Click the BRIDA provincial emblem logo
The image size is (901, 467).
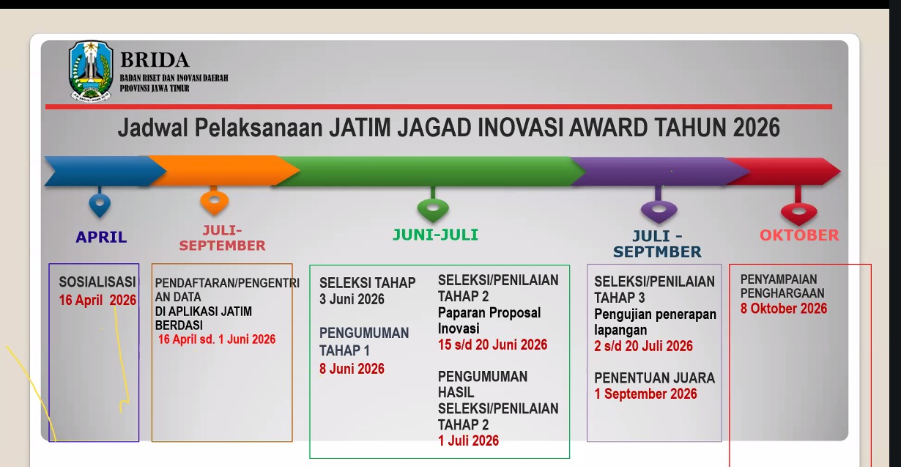pyautogui.click(x=91, y=71)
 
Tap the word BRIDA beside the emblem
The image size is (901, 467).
pyautogui.click(x=155, y=60)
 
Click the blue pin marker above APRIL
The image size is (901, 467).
pyautogui.click(x=100, y=204)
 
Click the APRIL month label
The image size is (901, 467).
pyautogui.click(x=101, y=237)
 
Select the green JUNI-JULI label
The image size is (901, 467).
pyautogui.click(x=435, y=235)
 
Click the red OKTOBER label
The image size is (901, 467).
pyautogui.click(x=799, y=235)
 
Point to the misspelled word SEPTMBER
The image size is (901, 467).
pyautogui.click(x=657, y=252)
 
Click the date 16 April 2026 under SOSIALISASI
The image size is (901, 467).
pyautogui.click(x=97, y=301)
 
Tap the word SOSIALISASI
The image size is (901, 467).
pyautogui.click(x=97, y=282)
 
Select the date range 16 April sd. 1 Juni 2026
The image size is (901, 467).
pyautogui.click(x=217, y=339)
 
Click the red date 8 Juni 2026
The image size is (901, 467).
pyautogui.click(x=352, y=369)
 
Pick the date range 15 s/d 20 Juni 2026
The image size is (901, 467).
pyautogui.click(x=493, y=345)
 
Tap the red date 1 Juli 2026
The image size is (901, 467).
pyautogui.click(x=468, y=441)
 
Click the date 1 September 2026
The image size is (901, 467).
pyautogui.click(x=645, y=394)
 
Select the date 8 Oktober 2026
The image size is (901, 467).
pyautogui.click(x=784, y=309)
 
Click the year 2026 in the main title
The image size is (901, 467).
pyautogui.click(x=756, y=128)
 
